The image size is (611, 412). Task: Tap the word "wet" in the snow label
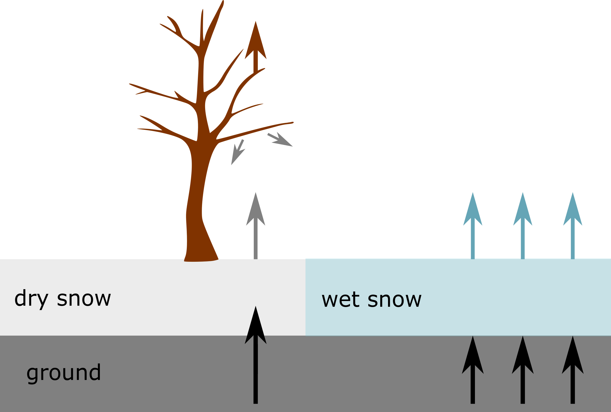click(340, 299)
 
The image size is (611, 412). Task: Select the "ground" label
click(64, 373)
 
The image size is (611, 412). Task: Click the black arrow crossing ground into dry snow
click(255, 355)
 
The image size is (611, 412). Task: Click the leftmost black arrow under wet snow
click(473, 373)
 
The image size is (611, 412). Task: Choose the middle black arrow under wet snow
click(523, 373)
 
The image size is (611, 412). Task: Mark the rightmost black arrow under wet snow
click(573, 373)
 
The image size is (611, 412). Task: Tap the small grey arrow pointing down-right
click(281, 140)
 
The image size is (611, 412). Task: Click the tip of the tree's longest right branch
click(293, 122)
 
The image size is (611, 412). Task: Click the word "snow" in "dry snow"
click(84, 299)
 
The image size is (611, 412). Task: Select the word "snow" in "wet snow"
click(394, 299)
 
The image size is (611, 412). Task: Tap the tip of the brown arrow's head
click(255, 21)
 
